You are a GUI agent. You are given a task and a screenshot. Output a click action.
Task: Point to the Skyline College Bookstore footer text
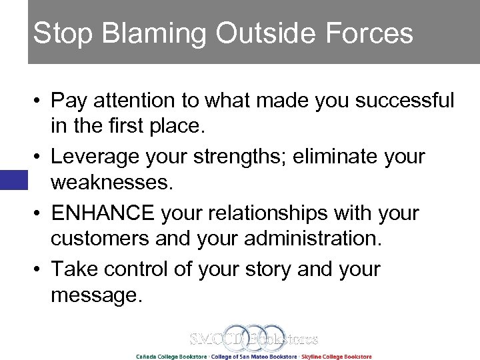(x=337, y=356)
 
